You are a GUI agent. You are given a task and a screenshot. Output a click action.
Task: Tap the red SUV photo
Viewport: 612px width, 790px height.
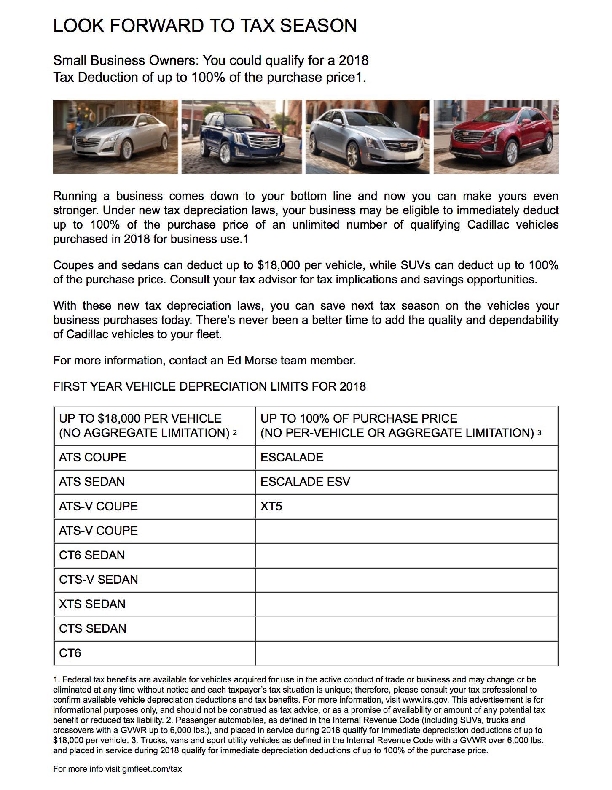[x=496, y=137]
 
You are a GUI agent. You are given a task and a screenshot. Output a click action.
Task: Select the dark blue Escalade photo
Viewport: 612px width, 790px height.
[x=242, y=137]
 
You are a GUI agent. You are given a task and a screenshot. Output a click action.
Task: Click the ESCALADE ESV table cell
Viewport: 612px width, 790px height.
[x=305, y=482]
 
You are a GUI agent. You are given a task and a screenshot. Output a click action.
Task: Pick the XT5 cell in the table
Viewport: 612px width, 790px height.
[x=271, y=506]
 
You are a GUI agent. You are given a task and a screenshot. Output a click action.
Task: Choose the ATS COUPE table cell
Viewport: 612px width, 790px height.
[x=92, y=457]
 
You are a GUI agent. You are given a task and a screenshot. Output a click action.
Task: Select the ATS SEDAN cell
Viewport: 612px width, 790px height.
[x=91, y=482]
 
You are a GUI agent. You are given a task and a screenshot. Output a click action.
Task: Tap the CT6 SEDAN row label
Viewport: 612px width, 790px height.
[x=91, y=555]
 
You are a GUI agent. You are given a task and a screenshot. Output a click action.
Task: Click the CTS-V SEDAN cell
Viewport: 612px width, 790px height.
[x=98, y=580]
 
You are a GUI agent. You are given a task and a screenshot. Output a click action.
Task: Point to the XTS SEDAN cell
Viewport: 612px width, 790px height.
[x=92, y=604]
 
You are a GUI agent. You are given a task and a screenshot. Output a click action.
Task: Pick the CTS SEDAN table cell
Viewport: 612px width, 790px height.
[x=92, y=628]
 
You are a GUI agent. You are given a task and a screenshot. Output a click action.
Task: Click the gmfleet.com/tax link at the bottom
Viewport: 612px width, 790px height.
[x=152, y=768]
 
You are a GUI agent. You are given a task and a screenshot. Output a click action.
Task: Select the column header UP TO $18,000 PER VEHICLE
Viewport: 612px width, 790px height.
[x=140, y=418]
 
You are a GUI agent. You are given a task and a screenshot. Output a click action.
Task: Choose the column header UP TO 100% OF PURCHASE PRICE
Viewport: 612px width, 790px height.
[x=359, y=418]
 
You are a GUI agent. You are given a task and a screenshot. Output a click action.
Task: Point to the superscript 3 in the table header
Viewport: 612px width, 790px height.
[x=540, y=433]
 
